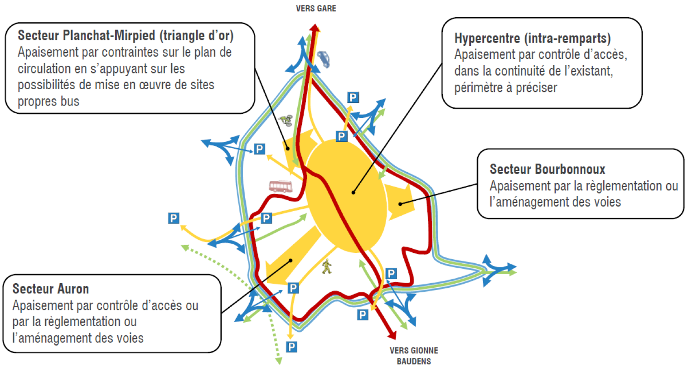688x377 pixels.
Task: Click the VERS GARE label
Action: (x=316, y=9)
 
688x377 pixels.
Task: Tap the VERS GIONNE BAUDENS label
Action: (x=414, y=356)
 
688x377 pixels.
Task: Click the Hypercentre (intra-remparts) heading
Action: (x=533, y=39)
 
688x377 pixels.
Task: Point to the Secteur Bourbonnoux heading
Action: (x=547, y=169)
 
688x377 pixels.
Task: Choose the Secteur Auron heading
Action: (x=51, y=289)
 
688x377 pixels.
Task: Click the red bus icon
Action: (x=281, y=186)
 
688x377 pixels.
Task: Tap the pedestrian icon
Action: (x=327, y=266)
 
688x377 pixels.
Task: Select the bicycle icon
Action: (x=286, y=120)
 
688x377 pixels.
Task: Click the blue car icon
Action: (x=324, y=59)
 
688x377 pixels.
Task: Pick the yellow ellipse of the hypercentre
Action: (x=346, y=195)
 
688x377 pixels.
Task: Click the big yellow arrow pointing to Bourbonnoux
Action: (x=399, y=201)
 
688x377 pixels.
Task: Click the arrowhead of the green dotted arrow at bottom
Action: (x=279, y=361)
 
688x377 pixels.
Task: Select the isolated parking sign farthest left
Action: (x=174, y=218)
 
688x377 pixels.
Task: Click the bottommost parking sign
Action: (x=291, y=347)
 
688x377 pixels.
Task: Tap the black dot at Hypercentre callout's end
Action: (x=354, y=193)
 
